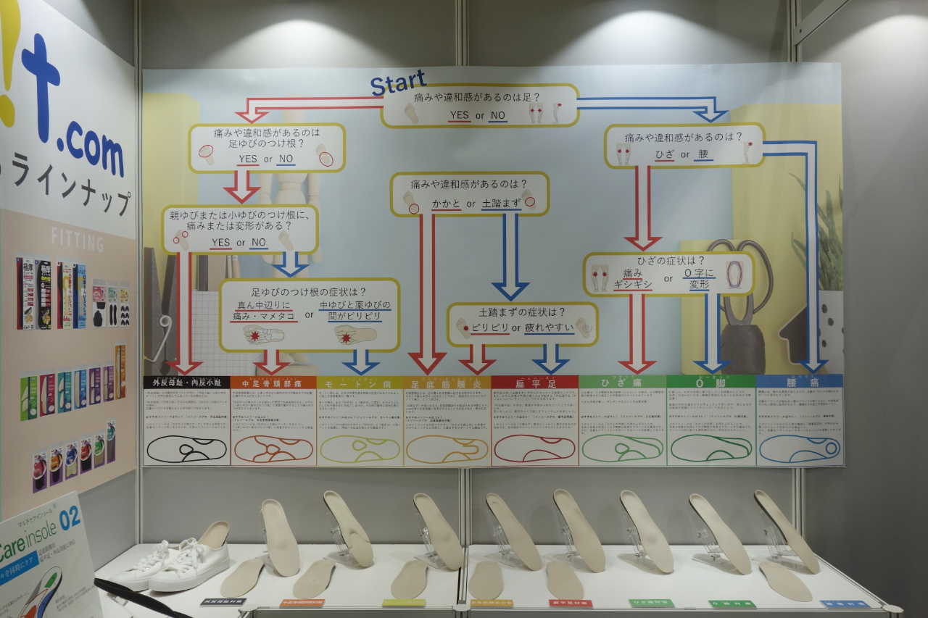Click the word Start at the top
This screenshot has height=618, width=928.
click(x=397, y=83)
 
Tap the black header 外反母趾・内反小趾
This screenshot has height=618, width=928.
click(x=187, y=382)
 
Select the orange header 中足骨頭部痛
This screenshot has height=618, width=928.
click(x=273, y=382)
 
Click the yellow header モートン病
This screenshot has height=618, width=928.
click(x=360, y=382)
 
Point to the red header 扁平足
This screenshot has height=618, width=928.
click(x=534, y=382)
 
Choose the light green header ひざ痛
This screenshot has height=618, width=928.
click(x=622, y=382)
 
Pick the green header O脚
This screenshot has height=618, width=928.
click(x=710, y=381)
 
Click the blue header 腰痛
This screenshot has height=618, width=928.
click(x=799, y=381)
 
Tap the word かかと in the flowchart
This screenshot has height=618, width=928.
click(x=447, y=204)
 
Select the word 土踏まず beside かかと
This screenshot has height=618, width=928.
click(x=501, y=204)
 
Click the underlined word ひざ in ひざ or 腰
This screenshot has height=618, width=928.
click(x=664, y=154)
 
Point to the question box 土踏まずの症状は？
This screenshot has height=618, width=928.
click(x=522, y=323)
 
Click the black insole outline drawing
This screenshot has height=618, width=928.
click(x=186, y=449)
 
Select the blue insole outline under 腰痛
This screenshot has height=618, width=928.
click(x=799, y=448)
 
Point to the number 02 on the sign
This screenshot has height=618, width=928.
click(x=70, y=519)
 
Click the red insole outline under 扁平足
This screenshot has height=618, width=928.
click(x=534, y=448)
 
